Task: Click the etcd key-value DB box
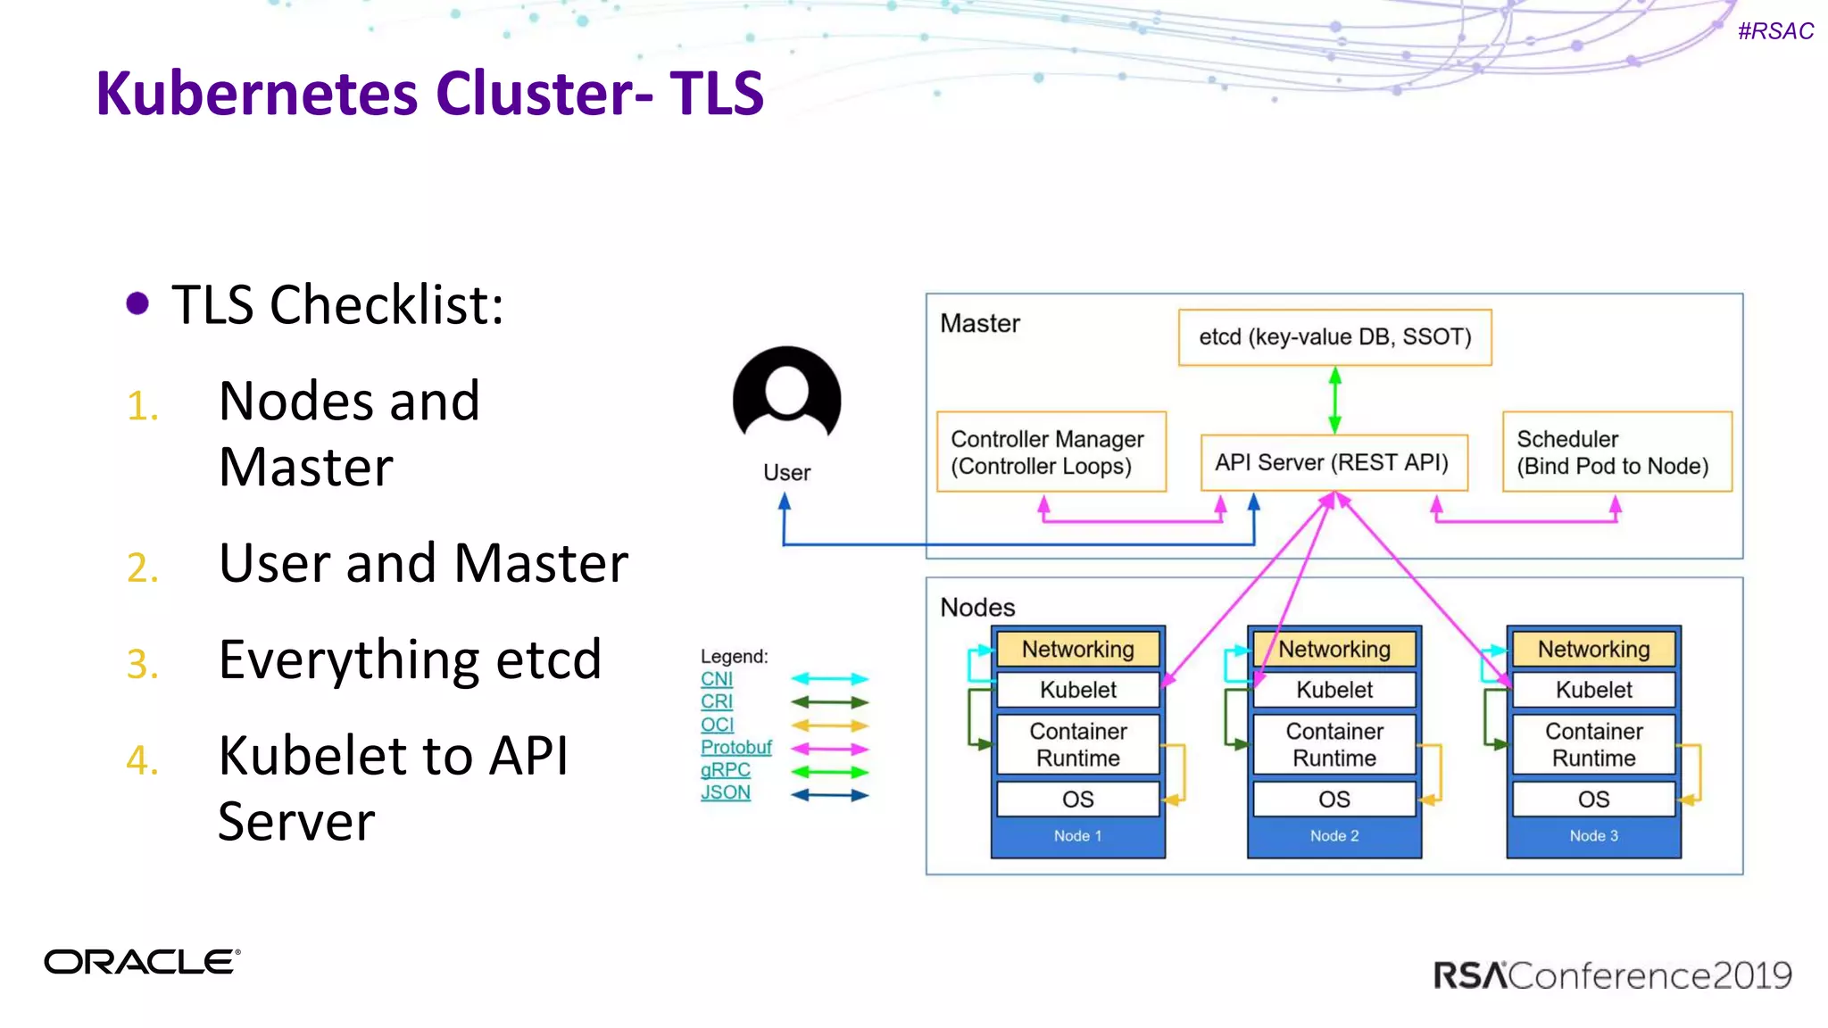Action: [x=1334, y=337]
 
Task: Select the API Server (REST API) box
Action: [x=1334, y=462]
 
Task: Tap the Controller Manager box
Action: [x=1051, y=452]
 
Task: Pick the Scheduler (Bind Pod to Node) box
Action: [x=1616, y=452]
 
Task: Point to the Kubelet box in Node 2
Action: [x=1334, y=690]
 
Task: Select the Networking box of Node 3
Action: [x=1593, y=650]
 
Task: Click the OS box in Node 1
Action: [x=1077, y=800]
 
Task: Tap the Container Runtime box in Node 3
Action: [x=1593, y=744]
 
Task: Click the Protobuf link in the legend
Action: [x=735, y=747]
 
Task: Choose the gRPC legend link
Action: [x=725, y=770]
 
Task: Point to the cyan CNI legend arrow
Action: [x=829, y=679]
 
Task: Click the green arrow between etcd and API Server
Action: [x=1335, y=401]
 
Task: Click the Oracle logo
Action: [x=142, y=962]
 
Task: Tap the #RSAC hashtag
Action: [x=1775, y=31]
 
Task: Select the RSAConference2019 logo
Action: [x=1612, y=975]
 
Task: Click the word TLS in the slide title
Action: [x=717, y=93]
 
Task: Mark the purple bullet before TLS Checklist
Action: [x=137, y=303]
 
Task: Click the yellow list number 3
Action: [x=142, y=664]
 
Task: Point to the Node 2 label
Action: [x=1334, y=836]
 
